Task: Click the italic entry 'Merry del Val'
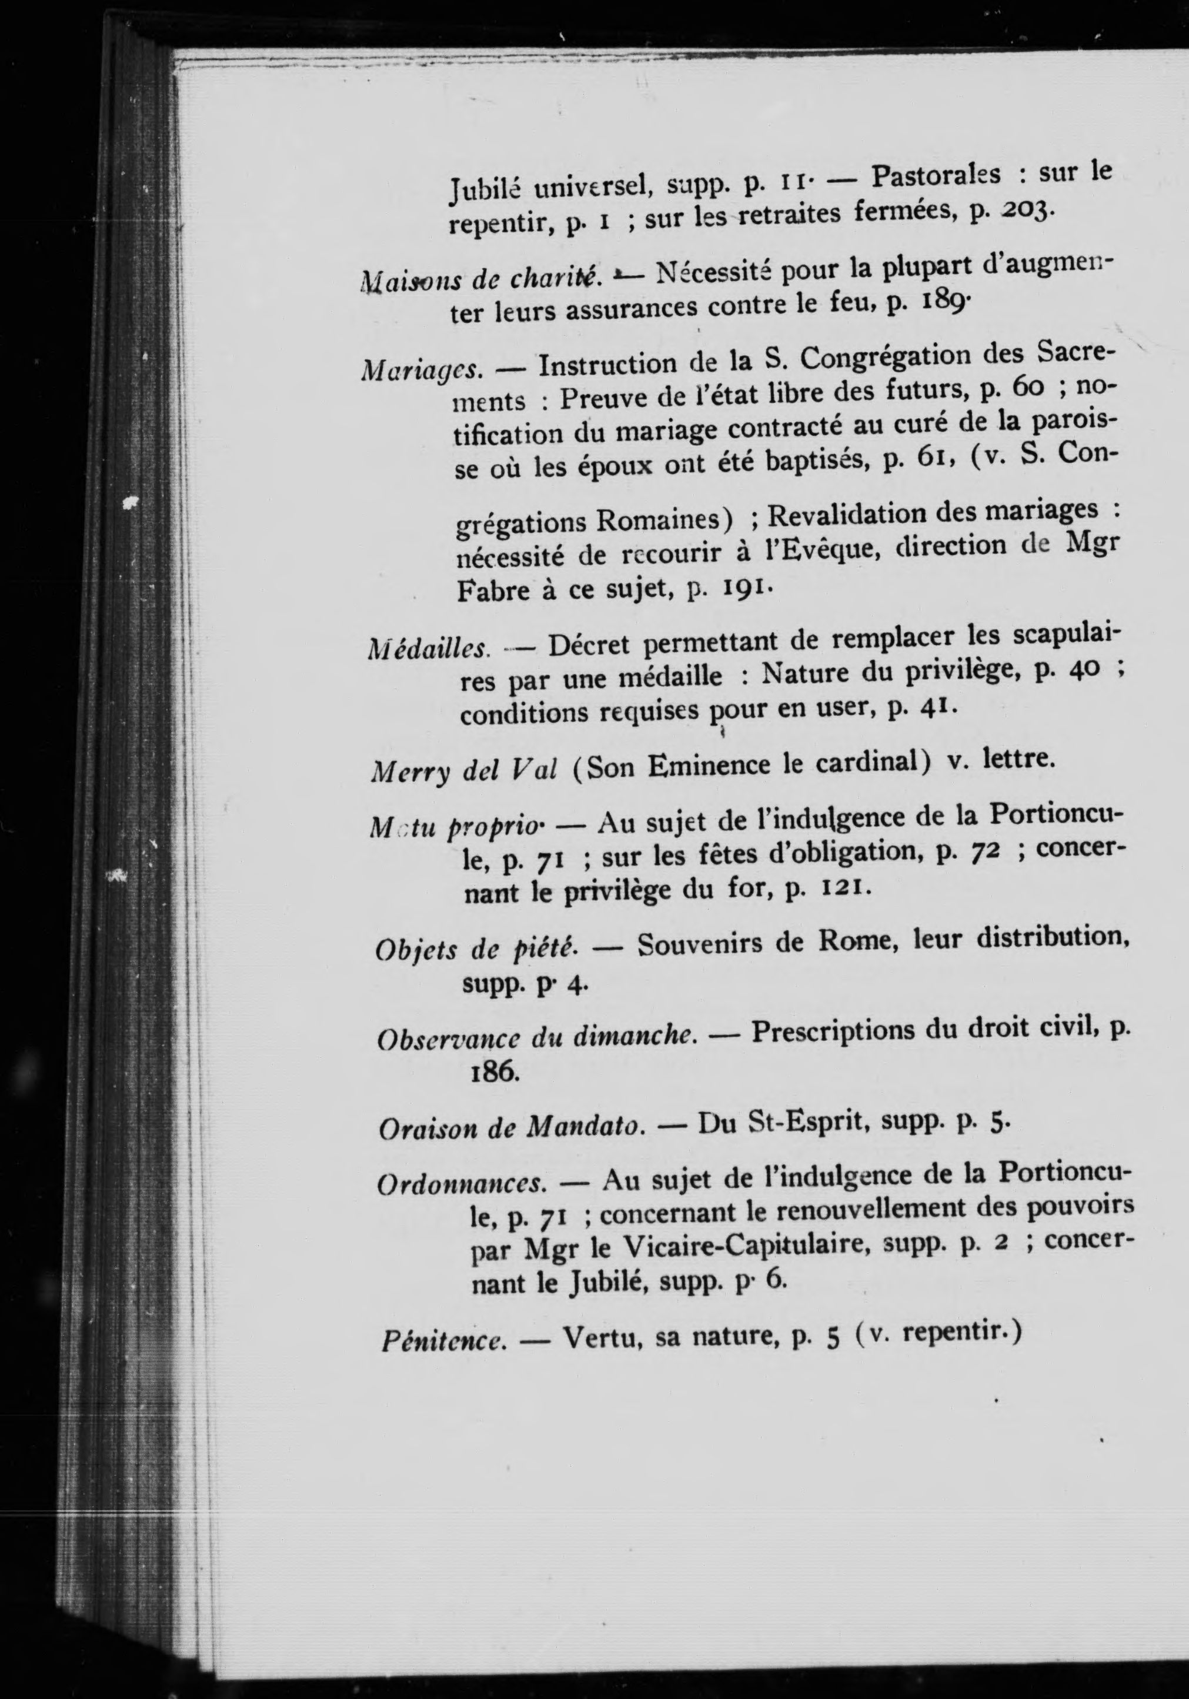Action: pyautogui.click(x=463, y=772)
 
